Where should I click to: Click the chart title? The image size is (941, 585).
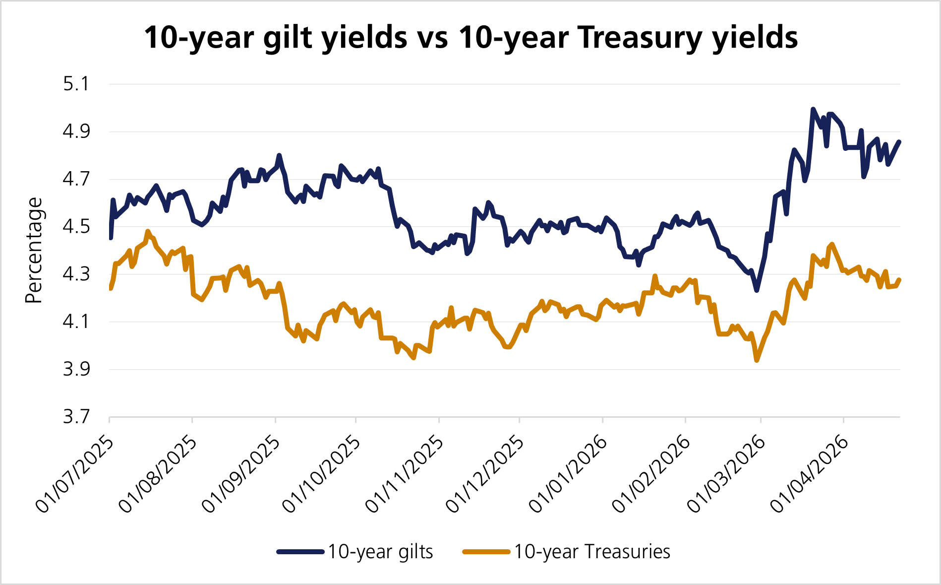tap(470, 37)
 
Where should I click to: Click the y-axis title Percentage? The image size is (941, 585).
tap(34, 250)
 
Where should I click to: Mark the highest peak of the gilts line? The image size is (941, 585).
tap(813, 109)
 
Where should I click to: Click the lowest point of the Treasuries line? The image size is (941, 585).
tap(757, 360)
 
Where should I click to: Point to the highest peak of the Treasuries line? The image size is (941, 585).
tap(147, 231)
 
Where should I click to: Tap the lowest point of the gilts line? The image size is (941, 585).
tap(757, 290)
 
